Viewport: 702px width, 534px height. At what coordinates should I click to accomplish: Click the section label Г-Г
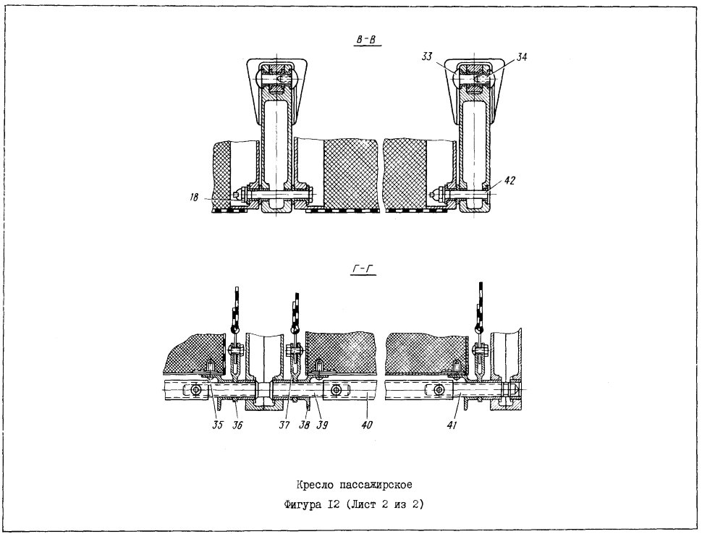pyautogui.click(x=363, y=268)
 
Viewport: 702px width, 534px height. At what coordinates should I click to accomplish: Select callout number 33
pyautogui.click(x=427, y=57)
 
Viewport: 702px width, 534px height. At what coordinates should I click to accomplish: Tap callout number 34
pyautogui.click(x=521, y=57)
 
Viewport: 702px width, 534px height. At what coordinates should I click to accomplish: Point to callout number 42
pyautogui.click(x=509, y=180)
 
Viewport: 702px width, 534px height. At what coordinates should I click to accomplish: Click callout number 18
pyautogui.click(x=193, y=197)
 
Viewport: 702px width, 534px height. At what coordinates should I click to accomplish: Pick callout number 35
pyautogui.click(x=218, y=425)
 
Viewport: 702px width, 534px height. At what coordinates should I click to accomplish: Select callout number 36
pyautogui.click(x=237, y=425)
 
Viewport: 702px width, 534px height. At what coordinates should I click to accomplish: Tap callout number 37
pyautogui.click(x=284, y=425)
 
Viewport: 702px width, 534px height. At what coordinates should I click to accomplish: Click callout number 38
pyautogui.click(x=305, y=425)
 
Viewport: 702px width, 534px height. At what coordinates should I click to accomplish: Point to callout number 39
pyautogui.click(x=322, y=425)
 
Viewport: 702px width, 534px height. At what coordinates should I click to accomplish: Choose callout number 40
pyautogui.click(x=367, y=425)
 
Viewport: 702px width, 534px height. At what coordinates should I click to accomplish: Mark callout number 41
pyautogui.click(x=452, y=425)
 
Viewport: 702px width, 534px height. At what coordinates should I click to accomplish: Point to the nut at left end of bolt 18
pyautogui.click(x=241, y=195)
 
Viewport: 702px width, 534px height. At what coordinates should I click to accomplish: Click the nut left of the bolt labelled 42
pyautogui.click(x=438, y=195)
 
